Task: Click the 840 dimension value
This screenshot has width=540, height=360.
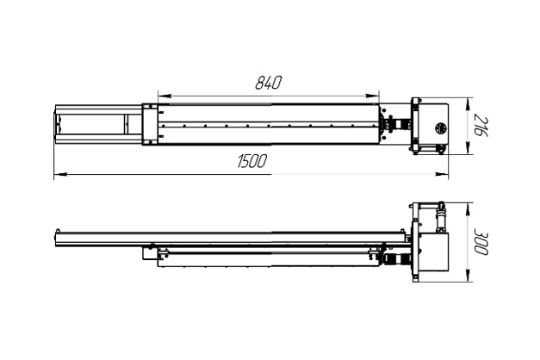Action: click(268, 83)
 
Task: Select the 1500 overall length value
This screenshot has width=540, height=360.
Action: click(252, 161)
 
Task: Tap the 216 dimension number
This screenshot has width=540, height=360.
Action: click(481, 126)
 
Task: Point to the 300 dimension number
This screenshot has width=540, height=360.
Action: click(481, 242)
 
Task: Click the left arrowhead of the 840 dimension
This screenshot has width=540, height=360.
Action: click(164, 96)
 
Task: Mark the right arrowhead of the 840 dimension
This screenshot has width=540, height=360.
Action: click(372, 96)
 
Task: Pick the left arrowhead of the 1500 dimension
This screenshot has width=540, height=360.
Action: click(60, 175)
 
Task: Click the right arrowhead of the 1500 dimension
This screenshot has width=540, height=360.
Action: click(442, 175)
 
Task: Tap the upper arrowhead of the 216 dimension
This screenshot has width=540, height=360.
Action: click(468, 104)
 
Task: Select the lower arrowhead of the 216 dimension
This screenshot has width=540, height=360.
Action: click(468, 148)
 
